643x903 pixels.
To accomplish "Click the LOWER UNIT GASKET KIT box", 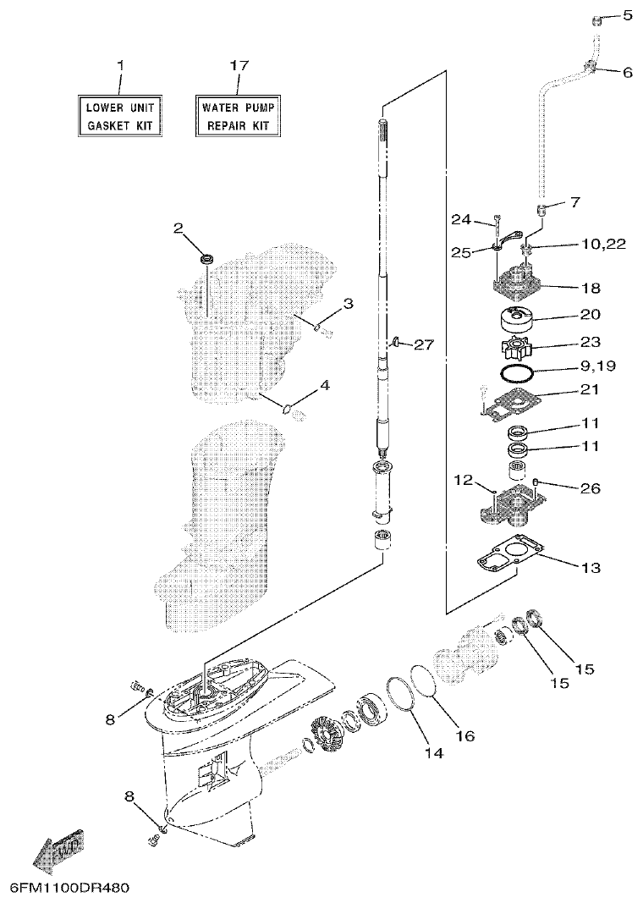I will point(119,117).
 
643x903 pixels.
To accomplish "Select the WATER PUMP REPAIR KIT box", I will point(238,117).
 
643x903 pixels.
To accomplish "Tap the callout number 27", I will point(424,344).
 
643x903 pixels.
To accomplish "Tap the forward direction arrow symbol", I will point(58,848).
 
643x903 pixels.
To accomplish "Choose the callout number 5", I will point(627,15).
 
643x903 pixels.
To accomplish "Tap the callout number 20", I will point(590,315).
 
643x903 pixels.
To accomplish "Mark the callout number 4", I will point(325,385).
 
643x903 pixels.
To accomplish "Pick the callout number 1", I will point(119,65).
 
